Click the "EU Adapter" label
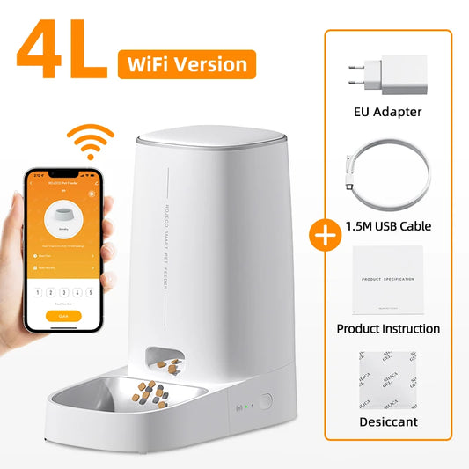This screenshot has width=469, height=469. pyautogui.click(x=387, y=111)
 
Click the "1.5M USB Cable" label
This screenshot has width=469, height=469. pyautogui.click(x=387, y=225)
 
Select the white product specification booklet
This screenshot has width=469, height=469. pyautogui.click(x=387, y=281)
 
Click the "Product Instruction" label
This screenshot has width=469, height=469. pyautogui.click(x=387, y=328)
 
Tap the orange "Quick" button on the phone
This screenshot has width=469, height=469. pyautogui.click(x=62, y=316)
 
